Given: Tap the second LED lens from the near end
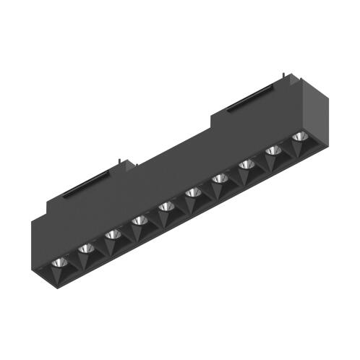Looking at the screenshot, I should coord(86,249).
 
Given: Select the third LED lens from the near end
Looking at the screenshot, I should coord(111,235).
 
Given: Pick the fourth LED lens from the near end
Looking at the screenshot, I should coord(139,221).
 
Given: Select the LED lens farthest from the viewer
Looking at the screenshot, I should coord(299,137).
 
